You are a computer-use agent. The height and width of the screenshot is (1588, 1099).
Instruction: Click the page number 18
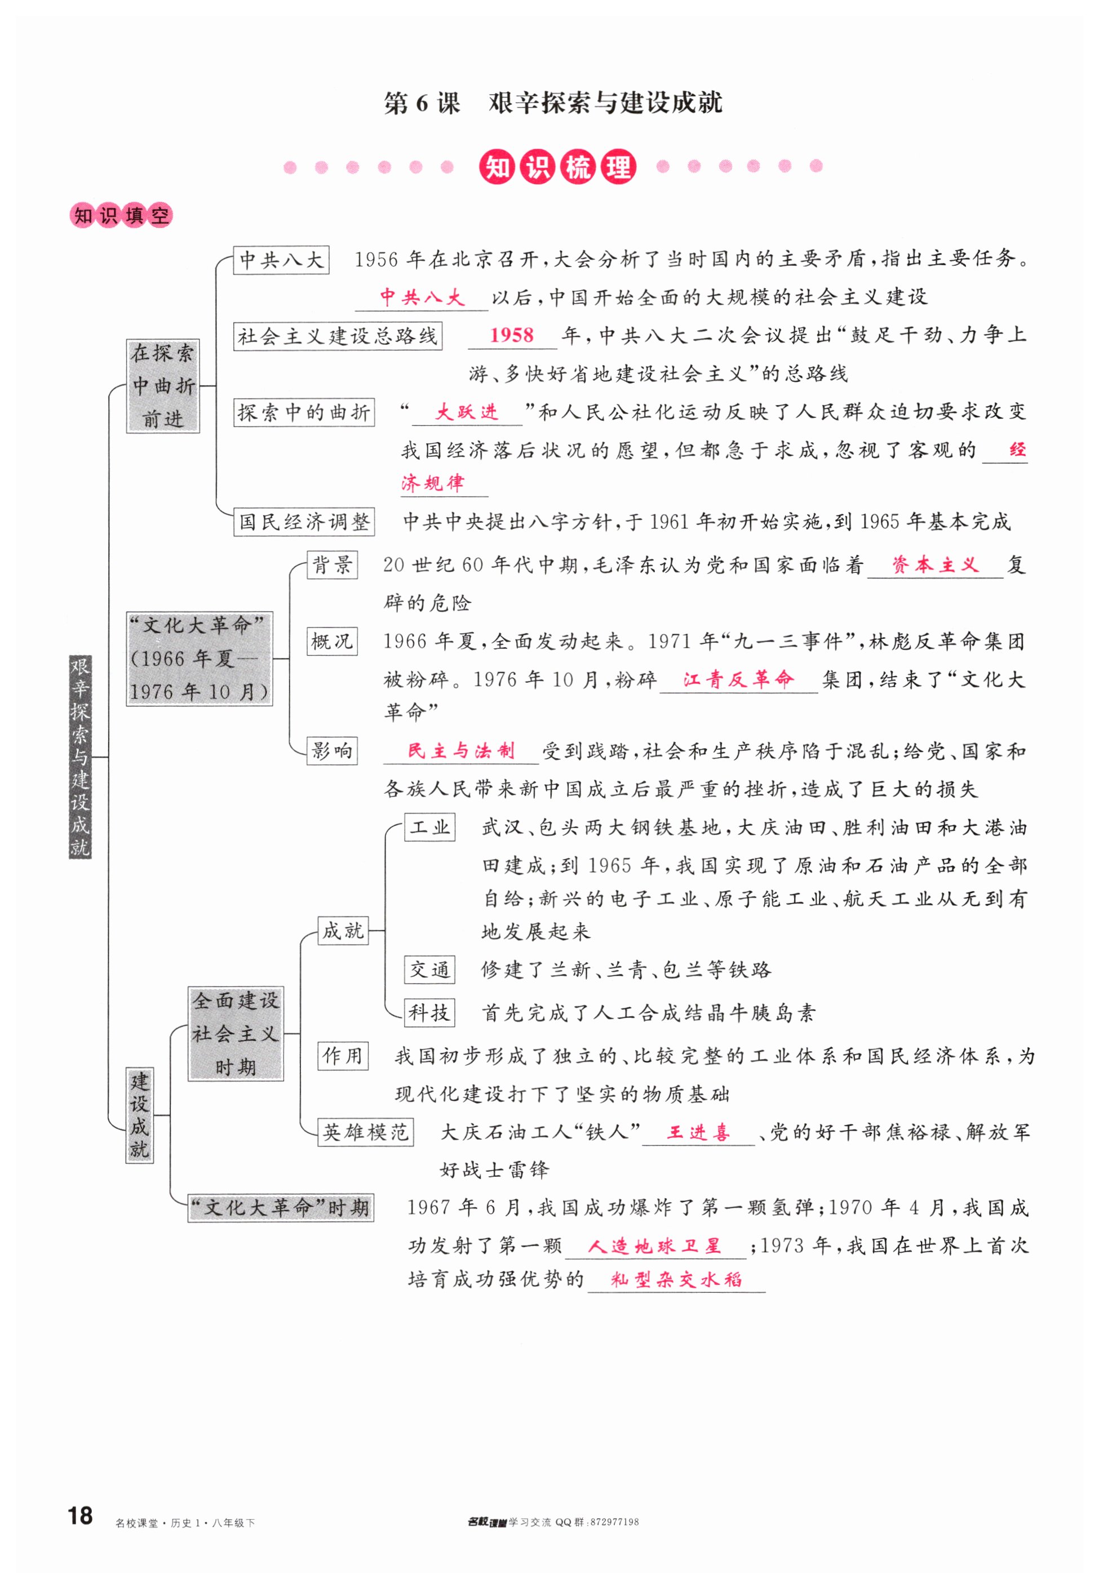click(x=80, y=1515)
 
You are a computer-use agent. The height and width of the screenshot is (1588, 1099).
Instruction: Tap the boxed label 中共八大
click(x=281, y=260)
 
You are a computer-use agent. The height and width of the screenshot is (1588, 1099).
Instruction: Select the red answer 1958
click(x=512, y=335)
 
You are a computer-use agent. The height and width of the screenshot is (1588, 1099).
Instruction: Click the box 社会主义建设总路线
click(x=338, y=337)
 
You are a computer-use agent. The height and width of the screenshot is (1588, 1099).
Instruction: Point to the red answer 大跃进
click(x=467, y=412)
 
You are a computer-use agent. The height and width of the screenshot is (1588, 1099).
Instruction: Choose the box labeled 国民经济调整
click(x=304, y=522)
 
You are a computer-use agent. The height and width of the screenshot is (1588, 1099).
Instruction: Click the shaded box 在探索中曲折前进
click(x=163, y=386)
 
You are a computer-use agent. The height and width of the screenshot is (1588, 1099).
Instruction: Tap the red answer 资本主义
click(x=934, y=565)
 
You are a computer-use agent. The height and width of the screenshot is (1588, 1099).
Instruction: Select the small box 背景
click(x=332, y=565)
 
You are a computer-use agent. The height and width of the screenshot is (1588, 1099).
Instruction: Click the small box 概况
click(x=332, y=642)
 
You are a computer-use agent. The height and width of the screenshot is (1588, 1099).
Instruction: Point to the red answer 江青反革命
click(x=738, y=679)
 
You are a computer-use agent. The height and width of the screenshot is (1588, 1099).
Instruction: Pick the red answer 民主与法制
click(x=460, y=751)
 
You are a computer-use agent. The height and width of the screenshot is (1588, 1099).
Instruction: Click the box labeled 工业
click(x=429, y=827)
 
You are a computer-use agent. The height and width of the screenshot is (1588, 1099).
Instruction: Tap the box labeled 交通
click(x=429, y=970)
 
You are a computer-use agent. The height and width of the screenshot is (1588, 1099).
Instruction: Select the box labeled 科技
click(x=429, y=1012)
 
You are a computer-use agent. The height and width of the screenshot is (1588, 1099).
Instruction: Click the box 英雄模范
click(x=366, y=1132)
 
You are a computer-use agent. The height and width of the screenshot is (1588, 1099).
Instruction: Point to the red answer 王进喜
click(x=698, y=1132)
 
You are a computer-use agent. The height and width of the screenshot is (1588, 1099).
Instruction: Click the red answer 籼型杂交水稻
click(x=676, y=1280)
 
